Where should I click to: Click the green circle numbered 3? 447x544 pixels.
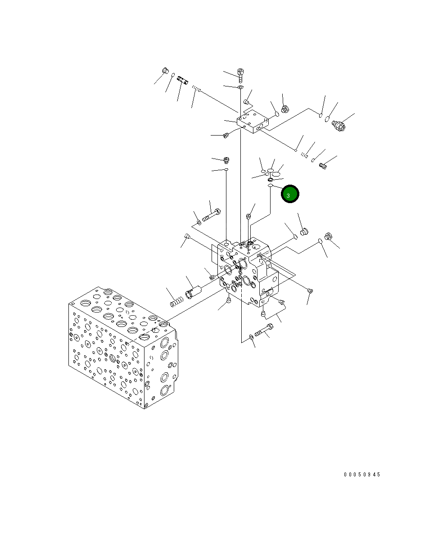pyautogui.click(x=290, y=194)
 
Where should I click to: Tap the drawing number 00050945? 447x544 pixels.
pyautogui.click(x=362, y=475)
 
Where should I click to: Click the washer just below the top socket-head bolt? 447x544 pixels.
pyautogui.click(x=240, y=86)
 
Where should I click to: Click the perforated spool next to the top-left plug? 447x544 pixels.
pyautogui.click(x=182, y=81)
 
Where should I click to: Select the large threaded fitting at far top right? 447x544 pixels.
pyautogui.click(x=339, y=125)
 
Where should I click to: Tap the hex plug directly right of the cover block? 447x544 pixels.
pyautogui.click(x=284, y=109)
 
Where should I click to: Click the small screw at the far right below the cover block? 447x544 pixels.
pyautogui.click(x=322, y=166)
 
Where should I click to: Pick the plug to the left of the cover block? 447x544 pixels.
pyautogui.click(x=226, y=135)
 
